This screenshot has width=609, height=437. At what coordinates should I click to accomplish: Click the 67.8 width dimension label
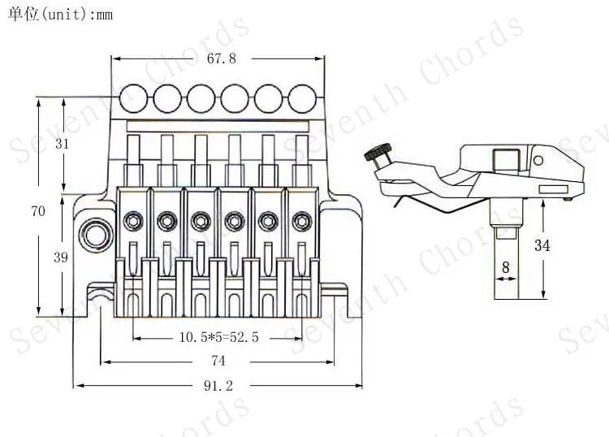click(x=222, y=58)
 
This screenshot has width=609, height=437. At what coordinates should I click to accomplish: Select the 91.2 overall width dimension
click(x=218, y=386)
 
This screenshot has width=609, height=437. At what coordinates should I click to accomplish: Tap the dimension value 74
click(x=218, y=361)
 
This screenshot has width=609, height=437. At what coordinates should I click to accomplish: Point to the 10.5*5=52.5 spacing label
click(x=218, y=337)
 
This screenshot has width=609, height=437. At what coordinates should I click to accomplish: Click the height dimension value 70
click(x=38, y=211)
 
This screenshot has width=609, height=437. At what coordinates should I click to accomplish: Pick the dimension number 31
click(x=62, y=144)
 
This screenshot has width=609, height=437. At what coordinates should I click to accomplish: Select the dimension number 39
click(x=61, y=257)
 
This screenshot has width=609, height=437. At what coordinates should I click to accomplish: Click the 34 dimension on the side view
click(x=542, y=245)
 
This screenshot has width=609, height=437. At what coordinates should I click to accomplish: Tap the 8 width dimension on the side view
click(x=505, y=267)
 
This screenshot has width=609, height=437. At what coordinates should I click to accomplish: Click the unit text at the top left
click(x=60, y=15)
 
